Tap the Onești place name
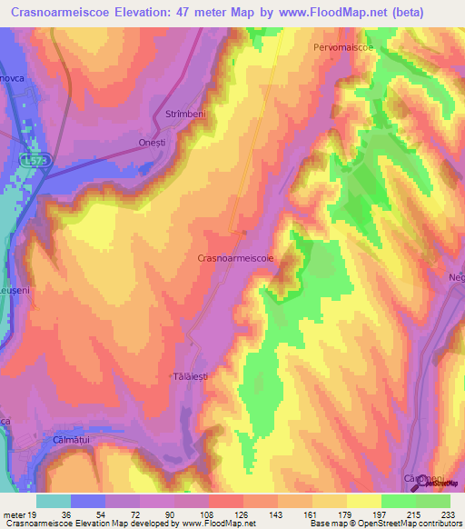click(x=154, y=155)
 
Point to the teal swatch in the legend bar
click(x=54, y=500)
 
